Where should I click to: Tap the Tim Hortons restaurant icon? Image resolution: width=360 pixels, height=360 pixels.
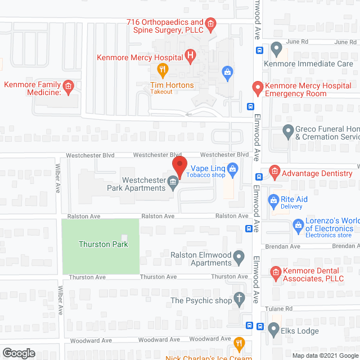coord(163,70)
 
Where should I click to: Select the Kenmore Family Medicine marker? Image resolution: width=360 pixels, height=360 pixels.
coord(68,87)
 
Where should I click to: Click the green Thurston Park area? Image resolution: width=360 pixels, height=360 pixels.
coord(100,246)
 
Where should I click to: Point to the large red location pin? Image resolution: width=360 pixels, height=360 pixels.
coord(179,166)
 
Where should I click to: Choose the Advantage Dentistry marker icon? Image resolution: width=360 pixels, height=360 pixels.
coord(274,171)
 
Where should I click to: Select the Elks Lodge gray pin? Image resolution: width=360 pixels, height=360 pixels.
coord(274,328)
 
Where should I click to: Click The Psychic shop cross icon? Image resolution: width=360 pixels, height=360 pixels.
coord(239,299)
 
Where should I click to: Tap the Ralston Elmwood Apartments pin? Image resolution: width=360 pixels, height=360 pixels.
coord(239,258)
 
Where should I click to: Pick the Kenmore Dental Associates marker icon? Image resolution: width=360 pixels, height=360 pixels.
coord(276,273)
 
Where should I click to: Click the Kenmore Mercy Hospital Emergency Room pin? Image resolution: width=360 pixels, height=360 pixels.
coord(258,88)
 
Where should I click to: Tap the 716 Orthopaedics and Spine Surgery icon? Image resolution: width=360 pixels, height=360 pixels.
coord(210,24)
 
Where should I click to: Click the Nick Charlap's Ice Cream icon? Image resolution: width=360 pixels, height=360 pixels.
coord(239,343)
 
